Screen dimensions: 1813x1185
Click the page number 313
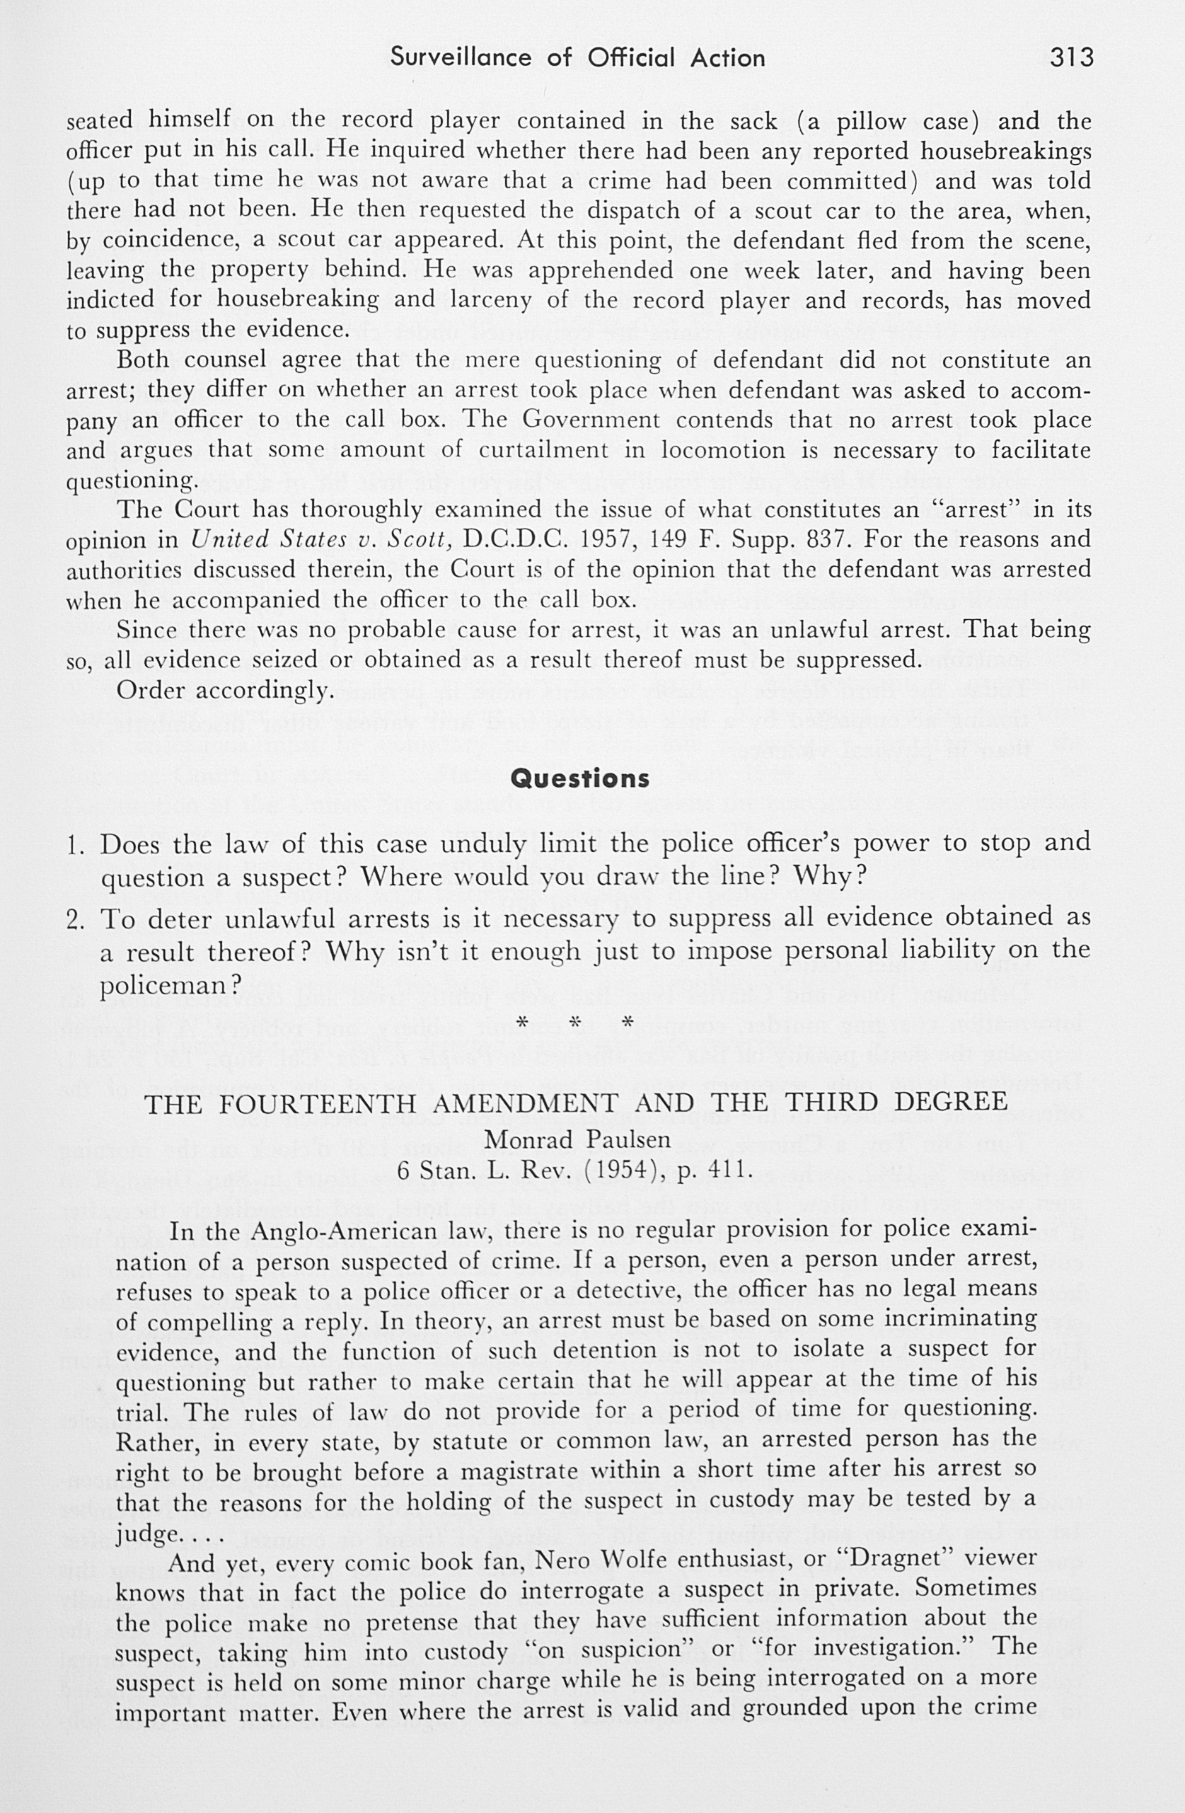1072,58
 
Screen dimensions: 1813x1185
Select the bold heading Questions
579,778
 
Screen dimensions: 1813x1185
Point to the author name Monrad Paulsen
577,1139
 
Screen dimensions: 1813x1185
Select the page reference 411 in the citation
729,1168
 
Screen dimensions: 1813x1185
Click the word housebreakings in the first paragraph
1005,151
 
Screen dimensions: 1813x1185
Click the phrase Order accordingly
226,691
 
